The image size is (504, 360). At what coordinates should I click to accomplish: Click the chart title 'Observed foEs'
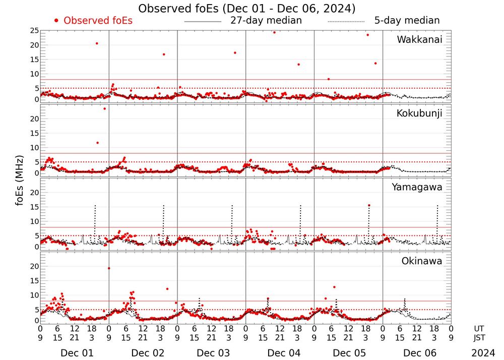click(246, 9)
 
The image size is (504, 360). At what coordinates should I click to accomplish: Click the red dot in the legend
click(56, 21)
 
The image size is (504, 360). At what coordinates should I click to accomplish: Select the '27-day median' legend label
click(266, 21)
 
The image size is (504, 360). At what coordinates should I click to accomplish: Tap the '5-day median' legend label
click(407, 21)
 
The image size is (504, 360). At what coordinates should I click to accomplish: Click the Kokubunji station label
click(419, 113)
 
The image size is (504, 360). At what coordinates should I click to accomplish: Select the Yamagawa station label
click(417, 188)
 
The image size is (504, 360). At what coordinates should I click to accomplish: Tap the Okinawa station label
click(422, 261)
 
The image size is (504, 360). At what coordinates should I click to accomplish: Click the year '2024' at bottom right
click(483, 353)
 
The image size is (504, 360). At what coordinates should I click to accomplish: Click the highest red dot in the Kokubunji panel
click(105, 108)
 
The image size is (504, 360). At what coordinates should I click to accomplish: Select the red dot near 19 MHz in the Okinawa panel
click(109, 268)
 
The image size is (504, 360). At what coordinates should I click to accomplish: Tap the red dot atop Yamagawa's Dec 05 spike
click(369, 205)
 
